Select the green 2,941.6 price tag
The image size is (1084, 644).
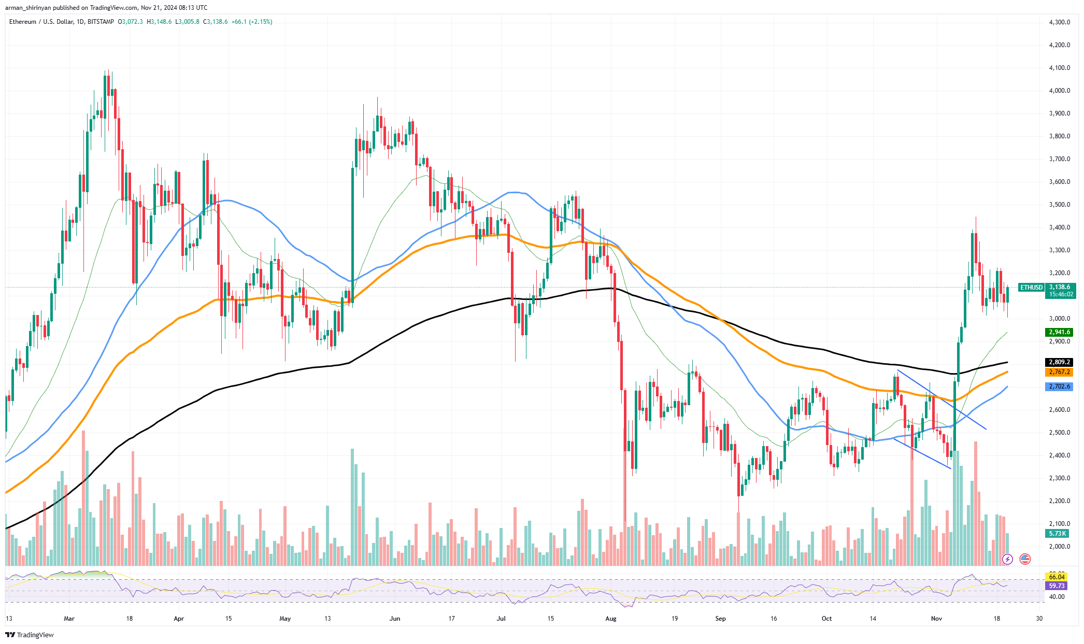pyautogui.click(x=1059, y=332)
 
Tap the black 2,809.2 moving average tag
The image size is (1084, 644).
pyautogui.click(x=1059, y=362)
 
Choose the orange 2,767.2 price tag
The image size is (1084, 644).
pyautogui.click(x=1059, y=372)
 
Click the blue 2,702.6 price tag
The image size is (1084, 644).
pyautogui.click(x=1059, y=387)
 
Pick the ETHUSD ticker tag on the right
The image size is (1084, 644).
pyautogui.click(x=1031, y=288)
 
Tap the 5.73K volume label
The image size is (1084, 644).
pyautogui.click(x=1058, y=533)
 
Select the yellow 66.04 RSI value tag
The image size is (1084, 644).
pyautogui.click(x=1057, y=577)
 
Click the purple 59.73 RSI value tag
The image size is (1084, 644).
pyautogui.click(x=1057, y=586)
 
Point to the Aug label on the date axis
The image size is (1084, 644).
pyautogui.click(x=611, y=619)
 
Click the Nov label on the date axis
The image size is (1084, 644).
pyautogui.click(x=936, y=619)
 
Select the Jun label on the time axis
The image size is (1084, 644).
pyautogui.click(x=395, y=619)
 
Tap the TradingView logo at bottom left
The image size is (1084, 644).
pyautogui.click(x=30, y=635)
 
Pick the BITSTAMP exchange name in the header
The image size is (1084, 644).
pyautogui.click(x=101, y=22)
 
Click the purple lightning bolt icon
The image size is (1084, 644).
pyautogui.click(x=1007, y=559)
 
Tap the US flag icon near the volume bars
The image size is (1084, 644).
pyautogui.click(x=1024, y=559)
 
